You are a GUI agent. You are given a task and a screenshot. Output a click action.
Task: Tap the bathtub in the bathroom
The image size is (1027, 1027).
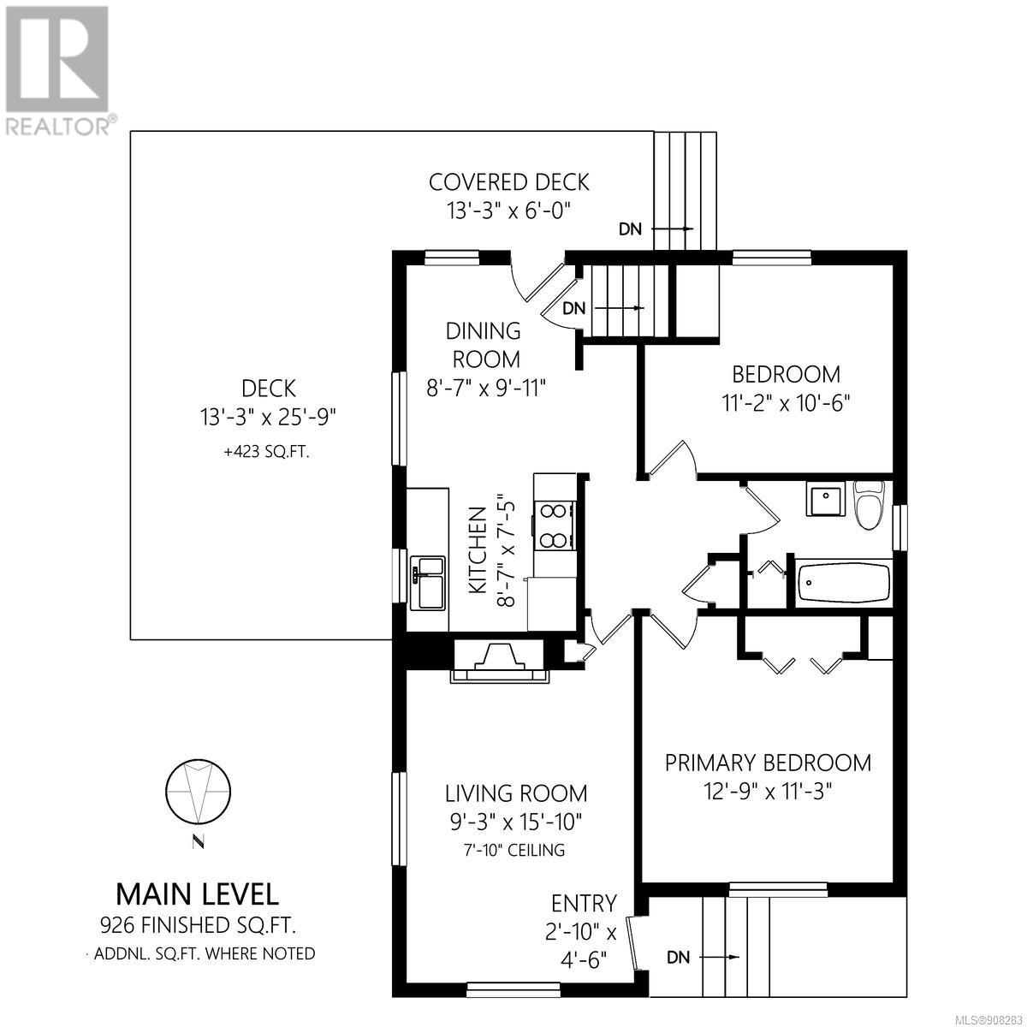[843, 583]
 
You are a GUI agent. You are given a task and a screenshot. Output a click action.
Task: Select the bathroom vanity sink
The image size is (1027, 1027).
[824, 498]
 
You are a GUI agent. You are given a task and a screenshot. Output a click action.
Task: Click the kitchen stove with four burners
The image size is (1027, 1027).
[554, 525]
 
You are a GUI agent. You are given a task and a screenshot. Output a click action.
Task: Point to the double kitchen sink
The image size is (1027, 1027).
[427, 583]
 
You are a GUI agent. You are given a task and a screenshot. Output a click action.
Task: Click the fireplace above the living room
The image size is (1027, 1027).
[499, 661]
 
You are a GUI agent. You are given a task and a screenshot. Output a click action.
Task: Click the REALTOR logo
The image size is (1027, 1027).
[57, 70]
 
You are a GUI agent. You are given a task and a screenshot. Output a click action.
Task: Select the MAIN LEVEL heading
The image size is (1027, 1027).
[197, 895]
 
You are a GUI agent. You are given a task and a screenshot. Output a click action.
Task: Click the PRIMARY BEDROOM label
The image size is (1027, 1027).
[768, 763]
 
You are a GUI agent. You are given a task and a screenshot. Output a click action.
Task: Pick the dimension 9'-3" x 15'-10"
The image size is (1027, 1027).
[515, 822]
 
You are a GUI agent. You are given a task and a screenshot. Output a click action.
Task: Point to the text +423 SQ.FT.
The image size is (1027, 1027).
[266, 453]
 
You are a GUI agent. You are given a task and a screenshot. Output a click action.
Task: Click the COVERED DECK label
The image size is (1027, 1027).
[509, 182]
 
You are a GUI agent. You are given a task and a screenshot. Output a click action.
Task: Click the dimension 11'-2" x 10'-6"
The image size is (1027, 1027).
[786, 403]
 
